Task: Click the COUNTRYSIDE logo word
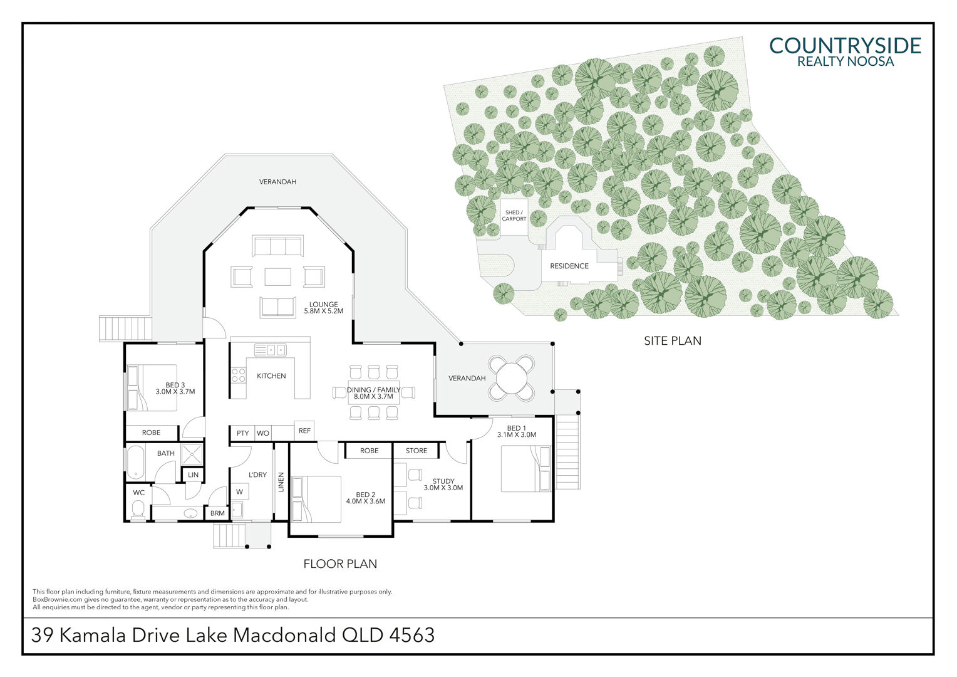coord(845,46)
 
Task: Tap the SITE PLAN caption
coord(672,341)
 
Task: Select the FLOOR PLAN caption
coord(340,564)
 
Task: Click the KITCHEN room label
coord(271,376)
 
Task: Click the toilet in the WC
coord(138,508)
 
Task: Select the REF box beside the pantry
coord(304,431)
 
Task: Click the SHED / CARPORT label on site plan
coord(514,216)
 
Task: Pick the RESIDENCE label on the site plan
coord(569,266)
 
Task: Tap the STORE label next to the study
coord(416,451)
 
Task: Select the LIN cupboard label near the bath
coord(194,475)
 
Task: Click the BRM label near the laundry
coord(217,513)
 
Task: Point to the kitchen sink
coord(271,350)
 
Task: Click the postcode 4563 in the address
coord(412,636)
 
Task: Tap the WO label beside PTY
coord(263,433)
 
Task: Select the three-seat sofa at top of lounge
coord(277,246)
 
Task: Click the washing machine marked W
coord(239,492)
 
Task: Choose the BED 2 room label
coord(365,497)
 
